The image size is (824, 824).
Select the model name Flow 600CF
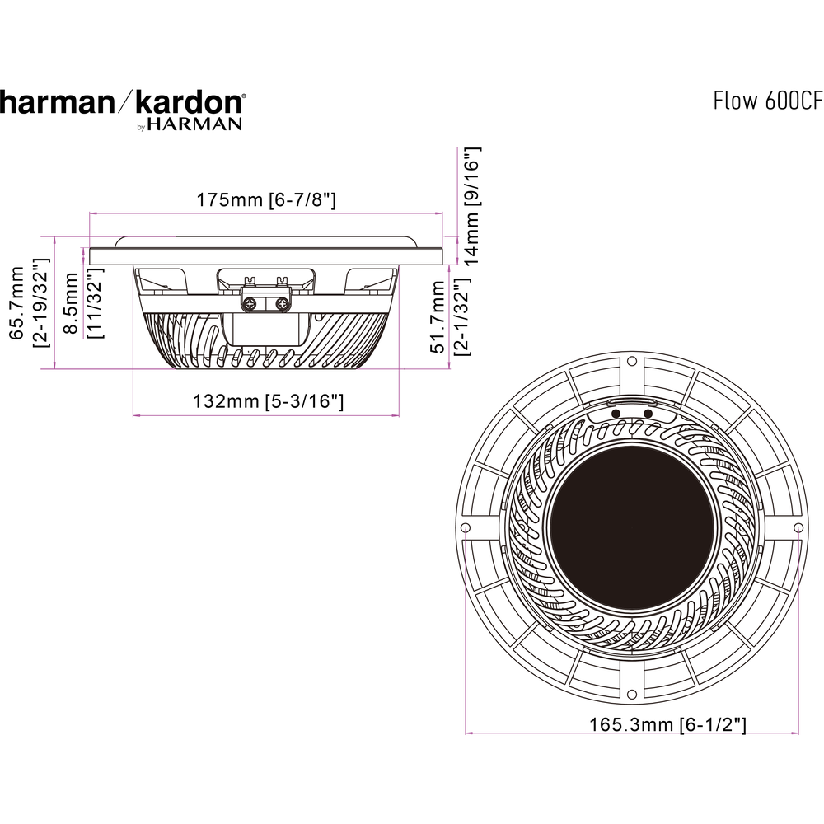(767, 101)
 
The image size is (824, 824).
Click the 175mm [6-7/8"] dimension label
(265, 200)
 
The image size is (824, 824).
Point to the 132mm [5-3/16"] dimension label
(268, 402)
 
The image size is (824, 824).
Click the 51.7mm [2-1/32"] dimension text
(450, 316)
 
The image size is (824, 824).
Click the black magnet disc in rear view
(630, 527)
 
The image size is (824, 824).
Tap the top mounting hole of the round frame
(631, 361)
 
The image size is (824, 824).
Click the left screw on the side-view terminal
(252, 304)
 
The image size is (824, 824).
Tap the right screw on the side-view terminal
(283, 304)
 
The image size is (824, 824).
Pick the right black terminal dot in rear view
(648, 413)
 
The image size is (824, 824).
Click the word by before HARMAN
(140, 127)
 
